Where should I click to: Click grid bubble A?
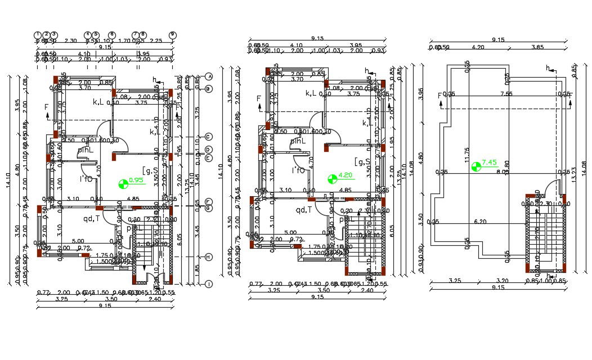(209, 76)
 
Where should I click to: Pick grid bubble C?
(209, 137)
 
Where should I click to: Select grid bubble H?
(209, 257)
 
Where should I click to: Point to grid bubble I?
(209, 284)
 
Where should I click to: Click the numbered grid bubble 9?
(173, 35)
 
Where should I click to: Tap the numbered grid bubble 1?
(38, 35)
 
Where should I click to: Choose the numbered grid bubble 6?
(112, 35)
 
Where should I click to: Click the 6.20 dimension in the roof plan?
(480, 222)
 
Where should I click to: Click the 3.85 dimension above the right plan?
(537, 47)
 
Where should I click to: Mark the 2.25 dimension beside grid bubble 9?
(156, 40)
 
